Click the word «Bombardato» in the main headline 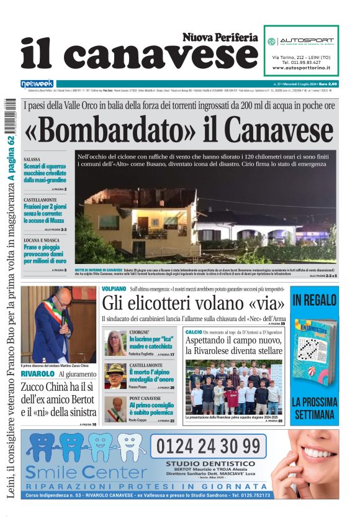click(x=111, y=130)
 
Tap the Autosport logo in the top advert click(x=302, y=42)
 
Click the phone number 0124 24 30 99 click(x=208, y=446)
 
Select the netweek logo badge click(x=37, y=83)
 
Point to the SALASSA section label click(x=33, y=160)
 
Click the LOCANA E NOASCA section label click(x=42, y=239)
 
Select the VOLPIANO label click(x=114, y=289)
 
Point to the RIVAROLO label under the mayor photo click(x=38, y=374)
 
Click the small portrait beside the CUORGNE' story click(x=115, y=343)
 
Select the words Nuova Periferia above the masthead click(x=220, y=38)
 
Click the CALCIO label click(x=193, y=333)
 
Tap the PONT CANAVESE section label click(x=145, y=398)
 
